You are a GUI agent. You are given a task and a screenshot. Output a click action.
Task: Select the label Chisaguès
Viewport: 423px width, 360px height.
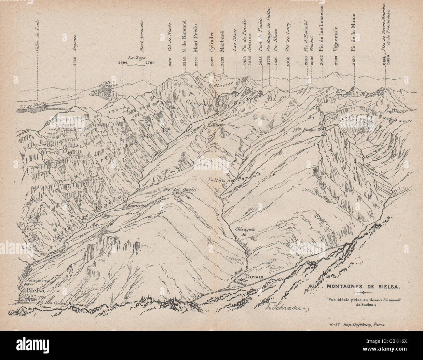tap(243, 229)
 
